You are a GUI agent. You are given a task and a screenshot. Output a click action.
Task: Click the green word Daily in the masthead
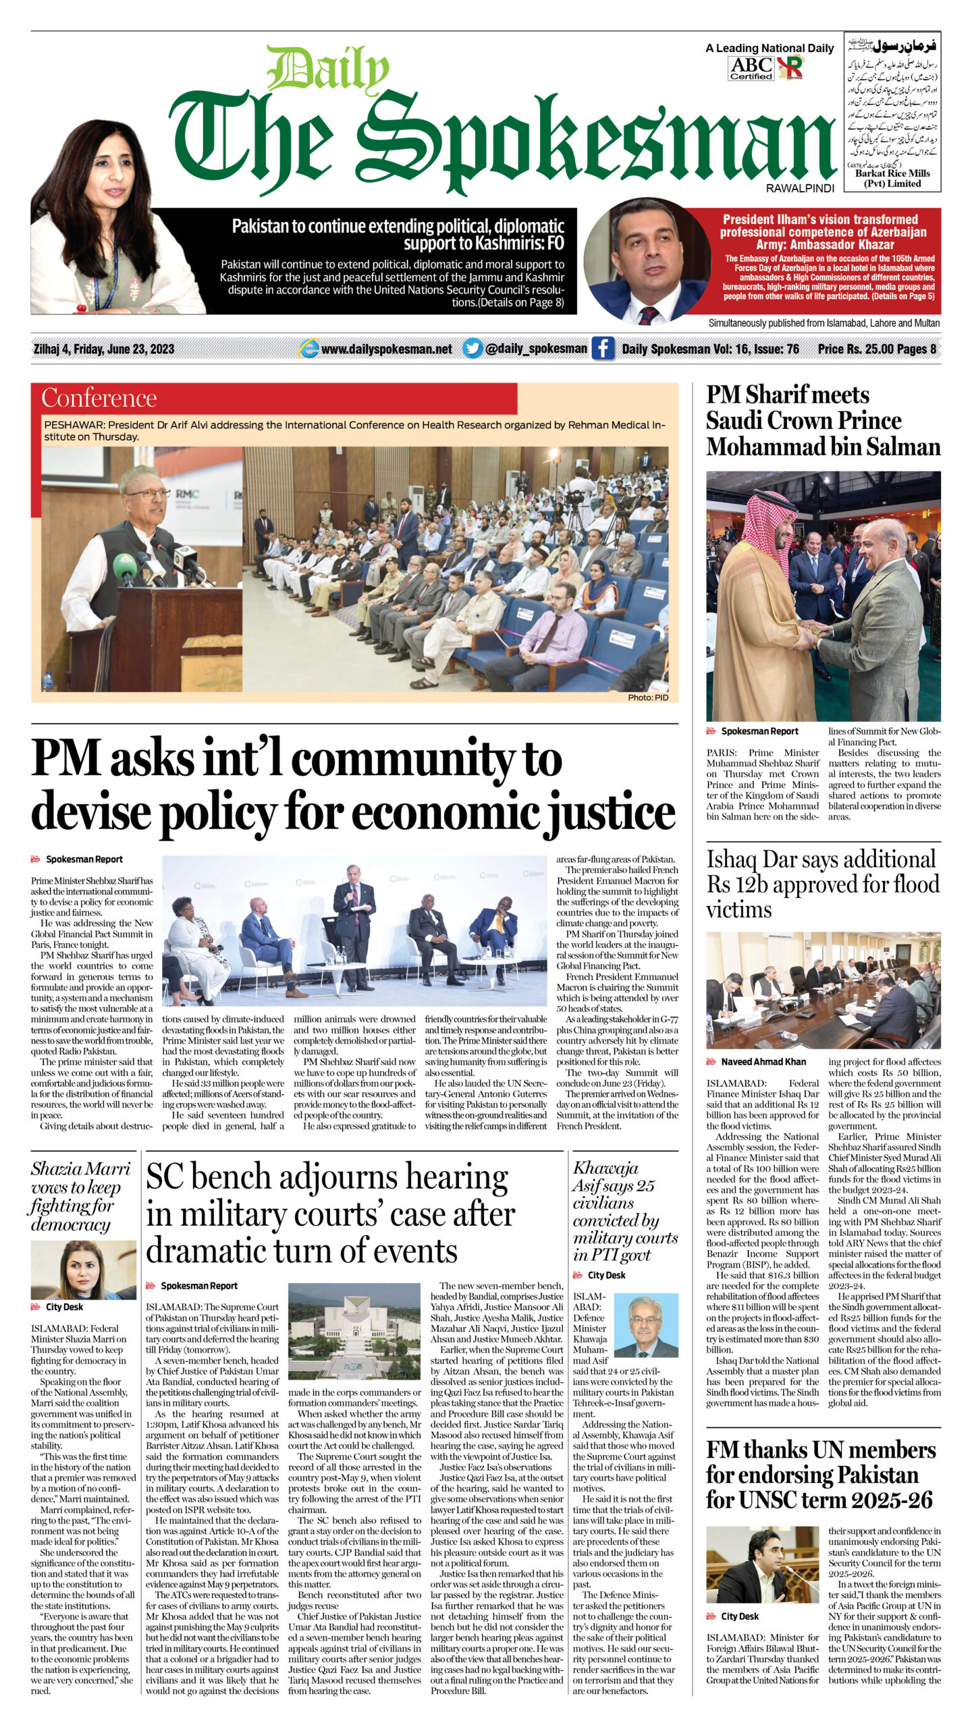[x=328, y=70]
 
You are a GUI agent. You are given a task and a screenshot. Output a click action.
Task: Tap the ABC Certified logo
[x=751, y=67]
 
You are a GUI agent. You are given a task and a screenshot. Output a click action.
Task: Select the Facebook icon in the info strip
[x=603, y=349]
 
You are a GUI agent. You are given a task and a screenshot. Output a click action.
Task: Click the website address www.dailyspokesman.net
[x=387, y=349]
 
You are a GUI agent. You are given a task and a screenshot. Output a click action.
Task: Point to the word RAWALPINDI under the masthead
[x=800, y=189]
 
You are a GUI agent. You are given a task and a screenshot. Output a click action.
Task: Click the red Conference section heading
[x=99, y=398]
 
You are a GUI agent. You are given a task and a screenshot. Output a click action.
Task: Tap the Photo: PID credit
[x=647, y=698]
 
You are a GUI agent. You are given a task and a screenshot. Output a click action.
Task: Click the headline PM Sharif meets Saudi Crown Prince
[x=823, y=420]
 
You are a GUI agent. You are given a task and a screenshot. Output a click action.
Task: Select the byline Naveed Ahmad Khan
[x=763, y=1062]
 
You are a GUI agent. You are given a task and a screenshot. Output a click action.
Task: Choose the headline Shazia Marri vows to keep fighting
[x=80, y=1196]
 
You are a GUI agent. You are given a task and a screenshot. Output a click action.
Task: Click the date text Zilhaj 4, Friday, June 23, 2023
[x=104, y=349]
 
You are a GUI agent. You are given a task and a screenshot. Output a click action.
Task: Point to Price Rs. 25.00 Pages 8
[x=877, y=349]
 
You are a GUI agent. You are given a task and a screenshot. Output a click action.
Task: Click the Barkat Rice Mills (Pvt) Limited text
[x=892, y=178]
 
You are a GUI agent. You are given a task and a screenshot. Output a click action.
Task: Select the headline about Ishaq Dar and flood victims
[x=823, y=884]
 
